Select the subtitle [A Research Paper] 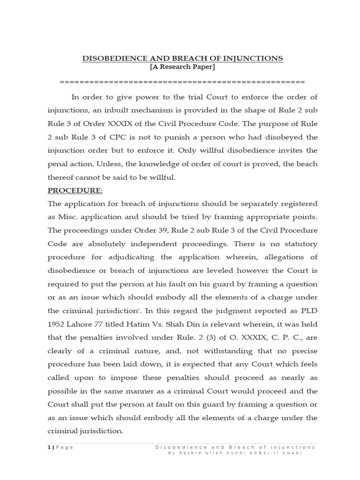[182, 67]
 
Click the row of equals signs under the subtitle [182, 82]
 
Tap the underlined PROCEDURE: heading [75, 191]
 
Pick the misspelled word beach [307, 164]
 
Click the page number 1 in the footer [49, 447]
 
